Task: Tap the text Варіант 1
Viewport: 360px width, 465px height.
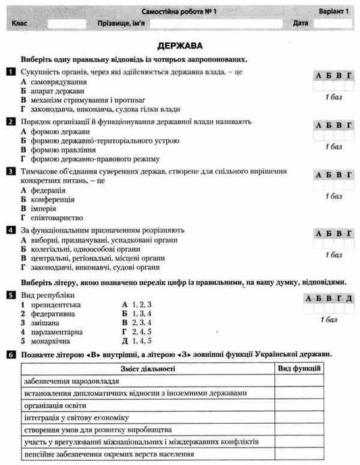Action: coord(334,12)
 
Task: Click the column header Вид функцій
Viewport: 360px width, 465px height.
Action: coord(299,368)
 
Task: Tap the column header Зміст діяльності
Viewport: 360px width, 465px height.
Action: coord(147,368)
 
